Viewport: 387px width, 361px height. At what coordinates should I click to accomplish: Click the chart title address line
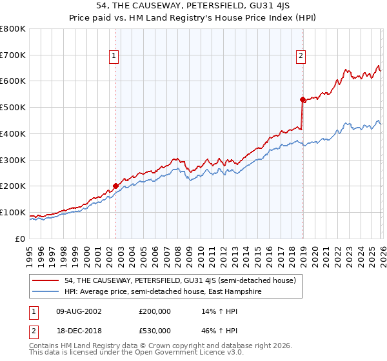[193, 6]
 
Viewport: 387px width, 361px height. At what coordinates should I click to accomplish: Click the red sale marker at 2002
[116, 186]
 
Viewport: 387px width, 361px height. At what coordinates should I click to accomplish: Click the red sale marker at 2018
[302, 99]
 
